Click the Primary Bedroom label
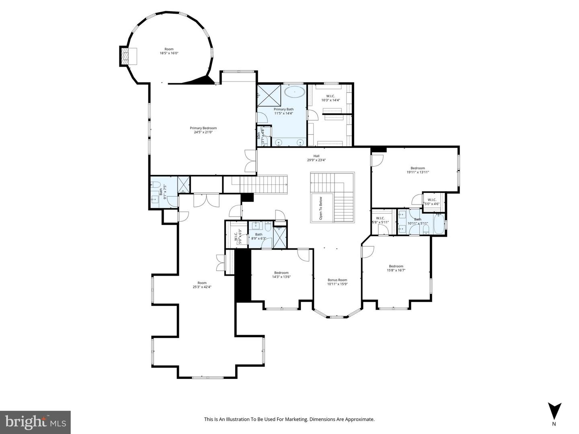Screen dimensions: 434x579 [x=203, y=128]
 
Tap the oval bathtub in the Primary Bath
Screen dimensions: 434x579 [x=296, y=92]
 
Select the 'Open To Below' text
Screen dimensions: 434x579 [x=320, y=208]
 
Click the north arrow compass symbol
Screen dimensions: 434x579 [x=554, y=411]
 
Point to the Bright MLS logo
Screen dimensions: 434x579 [x=35, y=422]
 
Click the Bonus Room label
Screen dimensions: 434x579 [x=337, y=280]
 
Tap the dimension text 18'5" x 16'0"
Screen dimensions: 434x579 [x=169, y=53]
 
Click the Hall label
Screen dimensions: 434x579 [x=316, y=156]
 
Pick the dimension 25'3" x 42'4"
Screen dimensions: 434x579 [x=202, y=287]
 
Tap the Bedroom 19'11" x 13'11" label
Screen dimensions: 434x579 [x=417, y=170]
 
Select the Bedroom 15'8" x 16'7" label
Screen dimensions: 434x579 [x=396, y=268]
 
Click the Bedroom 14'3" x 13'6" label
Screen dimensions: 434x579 [x=281, y=274]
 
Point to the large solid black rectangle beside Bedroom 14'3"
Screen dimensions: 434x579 [x=243, y=275]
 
